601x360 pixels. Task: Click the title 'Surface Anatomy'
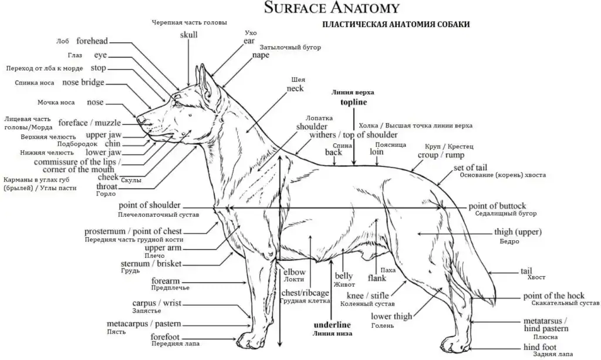point(332,7)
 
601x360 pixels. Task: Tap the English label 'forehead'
point(92,41)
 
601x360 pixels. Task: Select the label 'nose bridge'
point(83,82)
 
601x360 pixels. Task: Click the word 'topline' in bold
point(354,102)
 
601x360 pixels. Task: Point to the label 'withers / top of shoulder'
point(353,135)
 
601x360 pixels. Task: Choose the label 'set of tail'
point(470,167)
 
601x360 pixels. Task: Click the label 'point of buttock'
point(497,206)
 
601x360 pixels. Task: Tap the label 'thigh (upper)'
point(518,232)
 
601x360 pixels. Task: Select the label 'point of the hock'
point(554,295)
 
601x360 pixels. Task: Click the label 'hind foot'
point(540,347)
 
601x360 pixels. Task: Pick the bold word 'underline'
point(332,324)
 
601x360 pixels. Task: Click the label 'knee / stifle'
point(367,295)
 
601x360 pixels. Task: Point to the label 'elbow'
point(295,272)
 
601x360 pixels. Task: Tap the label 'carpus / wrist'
point(157,303)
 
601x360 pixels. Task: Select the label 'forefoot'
point(165,337)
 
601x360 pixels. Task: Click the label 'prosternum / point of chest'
point(133,231)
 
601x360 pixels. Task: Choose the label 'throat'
point(107,186)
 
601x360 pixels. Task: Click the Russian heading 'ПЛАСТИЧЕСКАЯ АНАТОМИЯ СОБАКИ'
point(396,24)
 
